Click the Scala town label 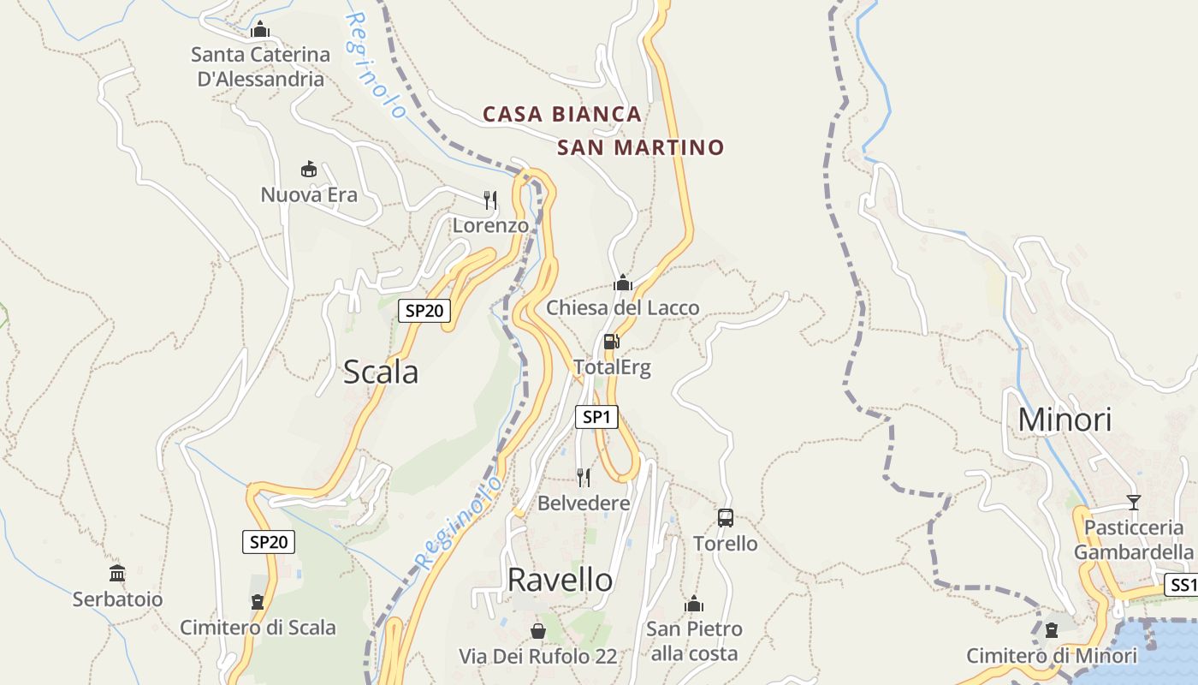tap(381, 372)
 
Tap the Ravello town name tap(560, 580)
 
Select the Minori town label tap(1065, 420)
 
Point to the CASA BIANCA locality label tap(562, 114)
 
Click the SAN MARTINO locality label tap(640, 147)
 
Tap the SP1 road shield tap(596, 417)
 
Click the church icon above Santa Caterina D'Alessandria tap(260, 30)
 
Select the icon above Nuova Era tap(309, 169)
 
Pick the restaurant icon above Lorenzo tap(490, 200)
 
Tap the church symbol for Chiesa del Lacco tap(622, 283)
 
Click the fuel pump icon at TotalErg tap(612, 342)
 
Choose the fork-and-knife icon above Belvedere tap(584, 477)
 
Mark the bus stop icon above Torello tap(725, 517)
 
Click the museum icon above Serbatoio tap(117, 573)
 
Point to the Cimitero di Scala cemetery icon tap(258, 602)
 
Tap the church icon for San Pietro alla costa tap(693, 604)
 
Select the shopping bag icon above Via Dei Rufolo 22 tap(538, 631)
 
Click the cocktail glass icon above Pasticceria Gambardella tap(1134, 502)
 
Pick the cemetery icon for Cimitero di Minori tap(1052, 630)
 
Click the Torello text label tap(725, 544)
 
